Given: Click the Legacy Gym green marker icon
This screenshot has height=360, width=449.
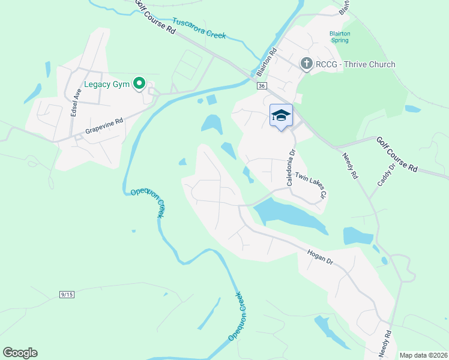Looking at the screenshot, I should (140, 84).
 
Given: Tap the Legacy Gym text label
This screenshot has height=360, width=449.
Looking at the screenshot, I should (107, 85).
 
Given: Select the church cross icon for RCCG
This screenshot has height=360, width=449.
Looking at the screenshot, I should (306, 64).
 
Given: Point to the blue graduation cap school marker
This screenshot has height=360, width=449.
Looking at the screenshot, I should (281, 115).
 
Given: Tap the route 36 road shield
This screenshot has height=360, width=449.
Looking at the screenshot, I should (261, 86).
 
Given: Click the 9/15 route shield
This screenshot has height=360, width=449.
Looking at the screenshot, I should (67, 294).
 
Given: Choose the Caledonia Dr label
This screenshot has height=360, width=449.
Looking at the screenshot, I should (292, 168).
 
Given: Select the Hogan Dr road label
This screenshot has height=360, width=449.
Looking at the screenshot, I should (319, 257).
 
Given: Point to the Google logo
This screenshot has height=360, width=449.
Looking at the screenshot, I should (20, 353).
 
